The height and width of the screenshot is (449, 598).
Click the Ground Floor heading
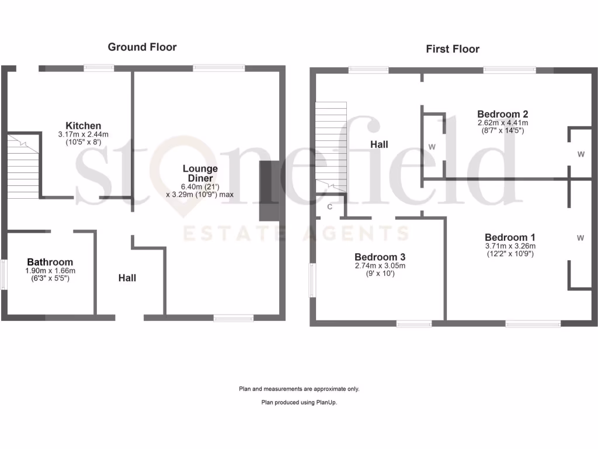[142, 47]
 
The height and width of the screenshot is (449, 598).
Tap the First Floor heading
[452, 49]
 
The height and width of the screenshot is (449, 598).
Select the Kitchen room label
[83, 126]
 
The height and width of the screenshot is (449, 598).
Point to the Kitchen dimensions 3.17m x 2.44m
[83, 134]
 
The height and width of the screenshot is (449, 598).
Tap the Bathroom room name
[50, 262]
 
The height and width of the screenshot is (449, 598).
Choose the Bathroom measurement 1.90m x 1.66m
[50, 271]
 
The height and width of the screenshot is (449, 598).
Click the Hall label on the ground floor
[127, 278]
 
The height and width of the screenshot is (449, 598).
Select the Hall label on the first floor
[378, 144]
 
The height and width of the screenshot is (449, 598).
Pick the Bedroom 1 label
[510, 237]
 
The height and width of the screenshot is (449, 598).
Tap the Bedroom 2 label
[502, 114]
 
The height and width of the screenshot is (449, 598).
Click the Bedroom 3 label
[380, 257]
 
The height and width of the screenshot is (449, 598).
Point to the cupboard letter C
[330, 206]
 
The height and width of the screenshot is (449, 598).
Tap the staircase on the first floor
[331, 146]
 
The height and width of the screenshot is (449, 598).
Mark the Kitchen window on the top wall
[98, 68]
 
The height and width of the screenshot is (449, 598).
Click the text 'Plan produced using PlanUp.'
[299, 403]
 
